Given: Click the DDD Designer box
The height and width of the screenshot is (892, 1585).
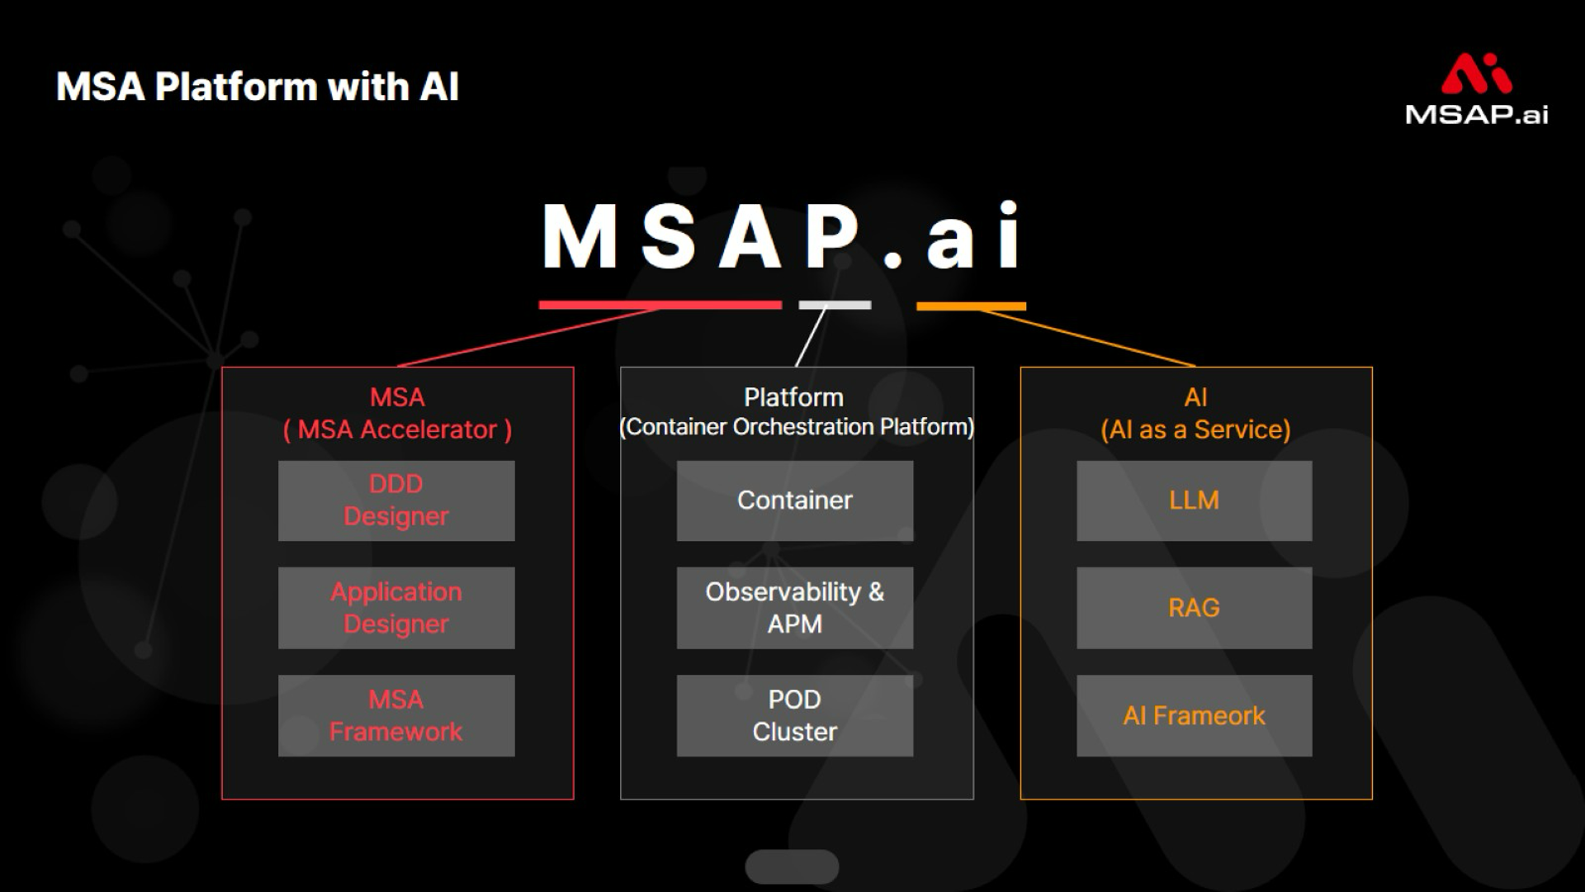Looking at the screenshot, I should click(x=396, y=501).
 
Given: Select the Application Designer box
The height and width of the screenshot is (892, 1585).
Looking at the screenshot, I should click(x=396, y=608).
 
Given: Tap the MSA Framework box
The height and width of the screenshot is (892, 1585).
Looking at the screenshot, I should click(x=396, y=715).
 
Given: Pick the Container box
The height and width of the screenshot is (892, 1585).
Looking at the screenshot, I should click(x=795, y=501).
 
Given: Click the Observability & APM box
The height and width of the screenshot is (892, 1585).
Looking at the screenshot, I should click(x=795, y=608).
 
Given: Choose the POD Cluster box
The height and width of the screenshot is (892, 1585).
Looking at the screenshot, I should click(x=795, y=715).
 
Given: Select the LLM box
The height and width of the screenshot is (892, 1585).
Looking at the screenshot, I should click(x=1194, y=501).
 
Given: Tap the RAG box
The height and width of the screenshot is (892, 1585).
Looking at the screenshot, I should click(x=1194, y=608).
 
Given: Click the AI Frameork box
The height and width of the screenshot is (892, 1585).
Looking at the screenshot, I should click(x=1194, y=715).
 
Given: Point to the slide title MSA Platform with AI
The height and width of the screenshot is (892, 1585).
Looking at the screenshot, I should click(x=257, y=87).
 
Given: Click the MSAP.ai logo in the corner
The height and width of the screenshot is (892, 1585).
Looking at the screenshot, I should click(x=1476, y=89).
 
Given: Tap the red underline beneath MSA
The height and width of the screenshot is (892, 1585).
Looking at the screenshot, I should click(x=660, y=305).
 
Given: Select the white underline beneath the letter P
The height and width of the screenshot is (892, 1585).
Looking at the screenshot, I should click(x=835, y=305).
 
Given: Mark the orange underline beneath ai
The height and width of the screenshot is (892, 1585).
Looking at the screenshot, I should click(x=971, y=306).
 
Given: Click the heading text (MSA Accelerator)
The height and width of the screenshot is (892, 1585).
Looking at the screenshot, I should click(x=397, y=430).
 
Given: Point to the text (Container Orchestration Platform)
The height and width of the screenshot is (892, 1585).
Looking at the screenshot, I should click(x=797, y=427).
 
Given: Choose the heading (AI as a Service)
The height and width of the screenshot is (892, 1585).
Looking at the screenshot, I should click(x=1195, y=430).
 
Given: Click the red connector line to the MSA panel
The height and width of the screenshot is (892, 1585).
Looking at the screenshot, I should click(x=528, y=337).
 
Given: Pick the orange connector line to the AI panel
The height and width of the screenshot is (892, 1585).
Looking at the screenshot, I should click(x=1090, y=339).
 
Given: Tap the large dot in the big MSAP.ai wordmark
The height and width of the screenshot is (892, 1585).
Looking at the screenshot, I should click(x=893, y=259).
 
